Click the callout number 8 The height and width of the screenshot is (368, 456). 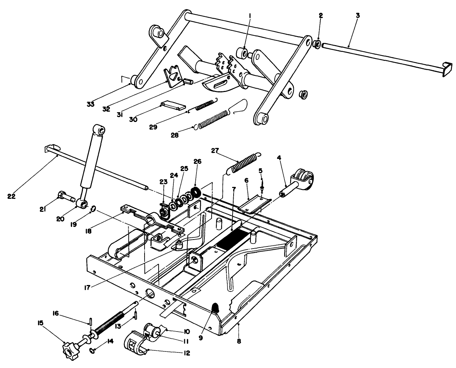click(239, 341)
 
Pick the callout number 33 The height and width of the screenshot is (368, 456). click(90, 104)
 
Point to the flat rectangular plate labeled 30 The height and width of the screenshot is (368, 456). click(173, 106)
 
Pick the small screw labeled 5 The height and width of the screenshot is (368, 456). click(262, 187)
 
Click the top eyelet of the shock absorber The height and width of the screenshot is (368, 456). click(99, 129)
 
